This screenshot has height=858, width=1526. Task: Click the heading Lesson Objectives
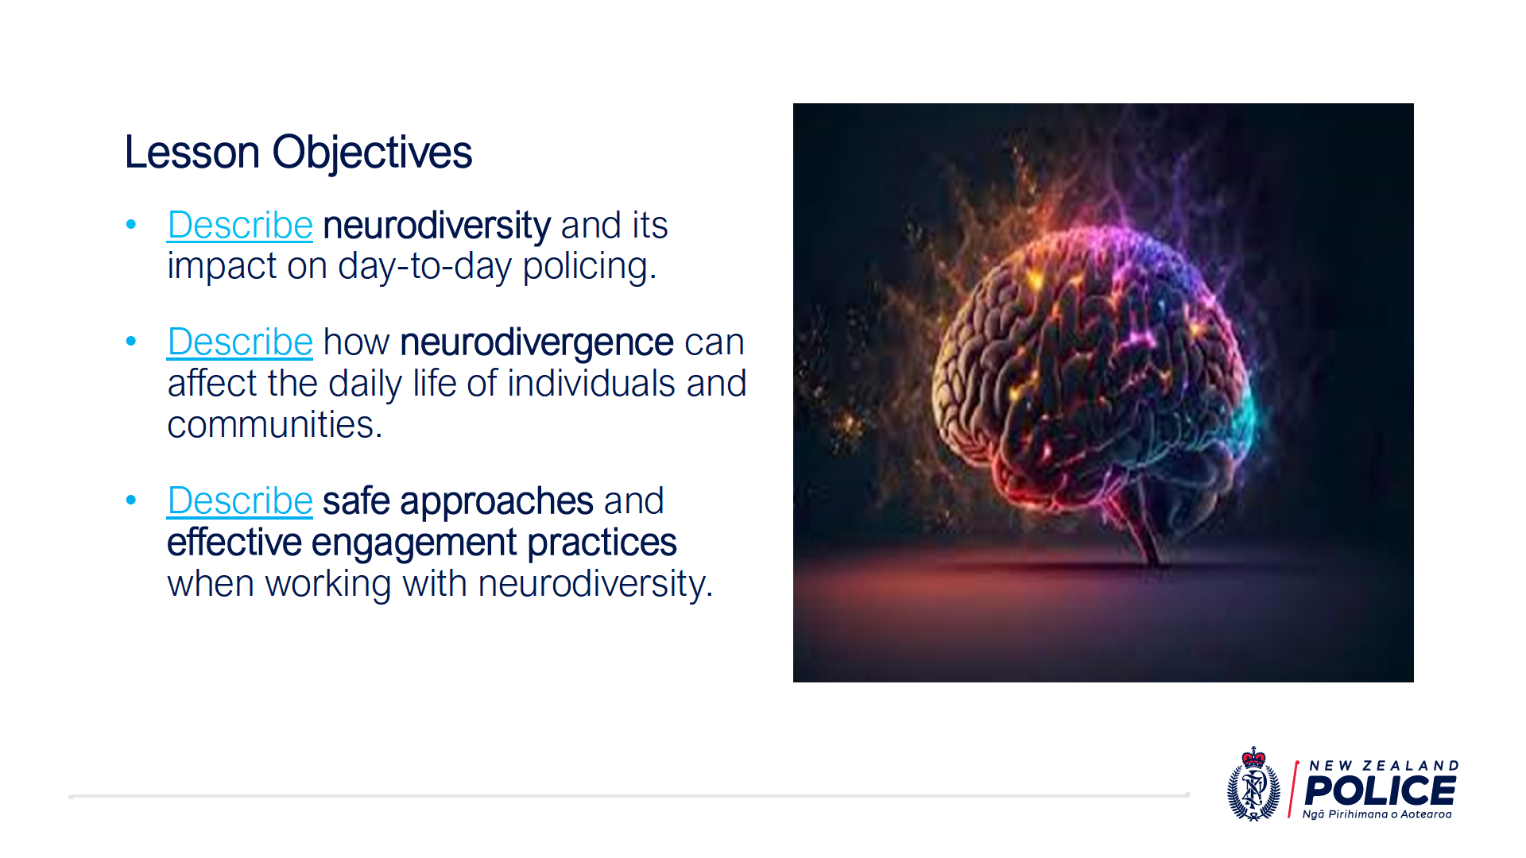pos(298,152)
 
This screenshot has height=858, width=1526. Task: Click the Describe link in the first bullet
pos(240,225)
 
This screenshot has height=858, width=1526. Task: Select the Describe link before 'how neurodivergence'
pos(240,342)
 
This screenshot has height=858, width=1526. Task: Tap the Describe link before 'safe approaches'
pos(240,500)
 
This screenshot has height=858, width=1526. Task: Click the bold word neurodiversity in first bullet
pos(436,225)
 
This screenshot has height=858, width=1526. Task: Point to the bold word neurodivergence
pos(537,342)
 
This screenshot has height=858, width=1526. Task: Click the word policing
pos(590,267)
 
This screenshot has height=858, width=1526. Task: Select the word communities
pos(275,424)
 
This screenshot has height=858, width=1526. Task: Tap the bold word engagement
pos(414,543)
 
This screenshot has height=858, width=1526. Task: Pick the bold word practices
pos(602,543)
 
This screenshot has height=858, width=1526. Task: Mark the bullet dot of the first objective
pos(131,225)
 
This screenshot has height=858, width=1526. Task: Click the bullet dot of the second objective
pos(131,342)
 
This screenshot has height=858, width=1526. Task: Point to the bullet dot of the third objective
pos(131,500)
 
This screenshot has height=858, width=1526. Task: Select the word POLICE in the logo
pos(1380,790)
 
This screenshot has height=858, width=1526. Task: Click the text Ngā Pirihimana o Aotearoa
pos(1377,814)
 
